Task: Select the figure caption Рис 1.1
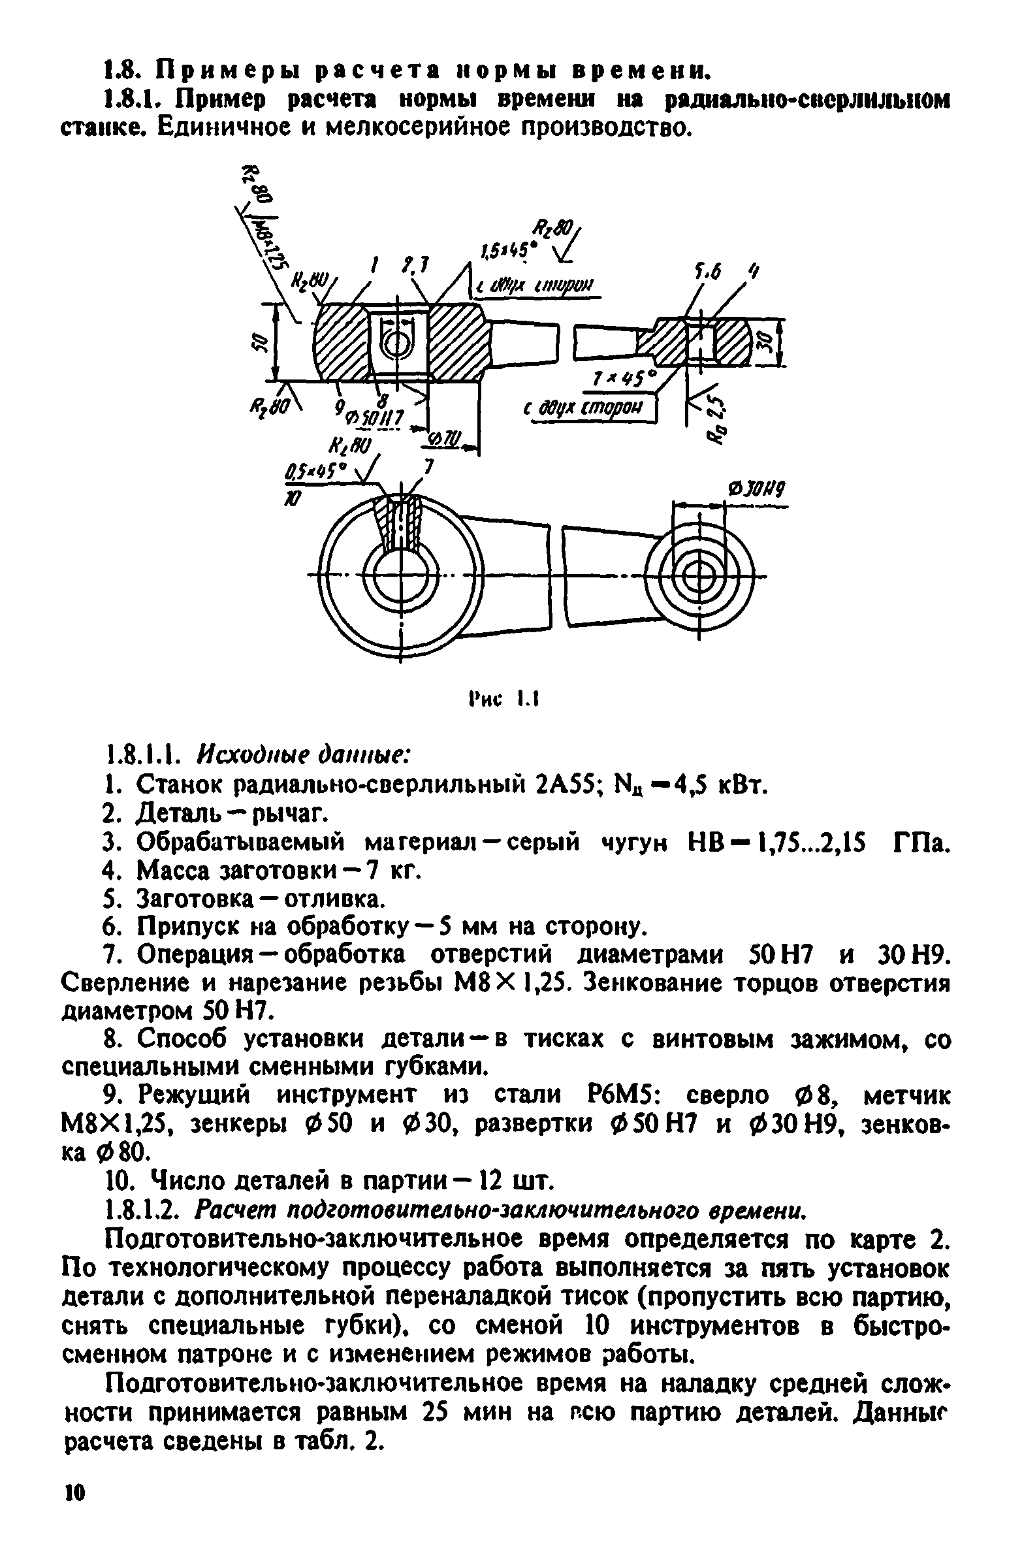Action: (x=503, y=700)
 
